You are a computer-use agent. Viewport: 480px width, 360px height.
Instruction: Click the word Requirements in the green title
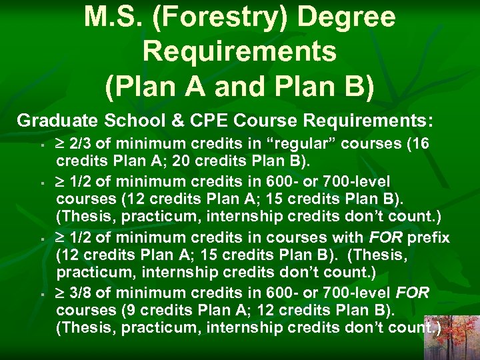pos(239,51)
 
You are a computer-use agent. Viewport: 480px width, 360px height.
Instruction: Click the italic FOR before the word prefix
pos(380,237)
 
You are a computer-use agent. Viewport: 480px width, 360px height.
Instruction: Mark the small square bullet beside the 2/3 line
pos(41,145)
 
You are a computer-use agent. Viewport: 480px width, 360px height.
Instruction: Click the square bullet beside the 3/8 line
pos(41,294)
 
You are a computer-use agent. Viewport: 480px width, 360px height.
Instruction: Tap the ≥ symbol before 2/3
pos(61,145)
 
